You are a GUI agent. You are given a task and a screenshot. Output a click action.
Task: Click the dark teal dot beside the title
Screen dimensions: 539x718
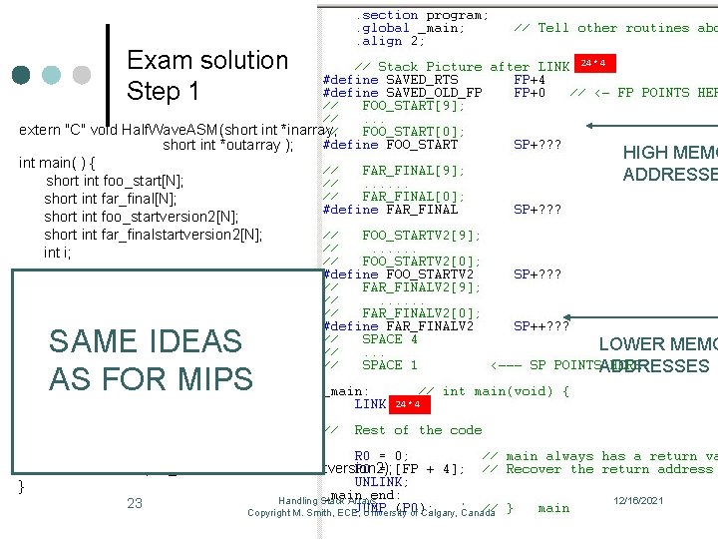point(23,76)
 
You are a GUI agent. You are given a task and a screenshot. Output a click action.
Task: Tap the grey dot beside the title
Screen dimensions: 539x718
point(83,76)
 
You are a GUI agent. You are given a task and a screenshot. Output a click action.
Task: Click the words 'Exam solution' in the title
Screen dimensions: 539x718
point(206,60)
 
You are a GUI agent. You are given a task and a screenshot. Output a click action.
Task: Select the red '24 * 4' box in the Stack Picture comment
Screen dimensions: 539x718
point(593,64)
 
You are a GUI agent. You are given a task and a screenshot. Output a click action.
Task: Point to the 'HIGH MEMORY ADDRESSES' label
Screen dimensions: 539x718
point(669,164)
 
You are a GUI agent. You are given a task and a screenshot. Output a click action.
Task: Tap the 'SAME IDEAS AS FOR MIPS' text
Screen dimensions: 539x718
point(150,359)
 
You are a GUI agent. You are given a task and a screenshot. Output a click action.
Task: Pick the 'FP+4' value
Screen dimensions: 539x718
point(529,79)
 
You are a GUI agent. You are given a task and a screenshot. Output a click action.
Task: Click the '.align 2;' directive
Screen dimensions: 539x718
point(390,41)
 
